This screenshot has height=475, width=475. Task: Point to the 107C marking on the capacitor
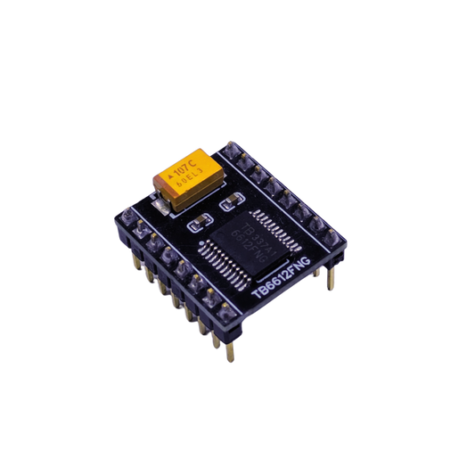point(187,166)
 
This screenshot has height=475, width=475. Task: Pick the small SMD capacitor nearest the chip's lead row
point(233,199)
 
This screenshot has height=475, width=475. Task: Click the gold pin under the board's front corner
point(231,352)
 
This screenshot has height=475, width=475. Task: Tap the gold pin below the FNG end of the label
point(332,278)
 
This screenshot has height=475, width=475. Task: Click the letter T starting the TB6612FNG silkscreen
point(257,293)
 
